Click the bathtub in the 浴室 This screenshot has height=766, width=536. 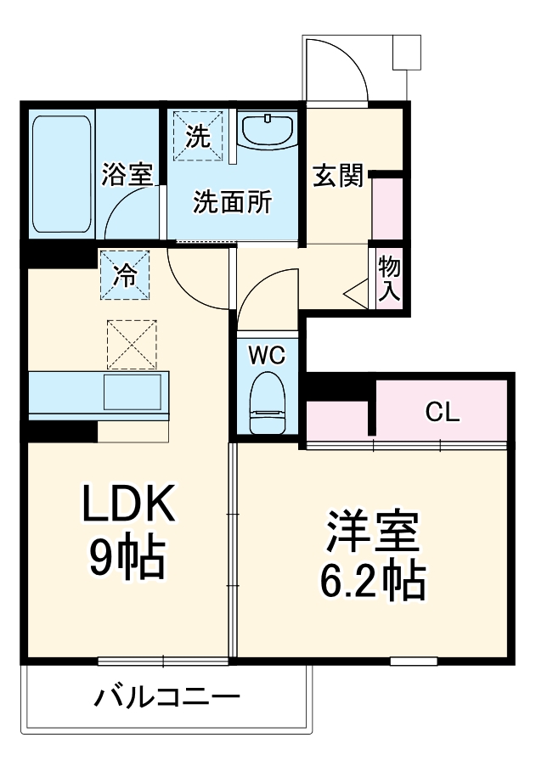pos(61,174)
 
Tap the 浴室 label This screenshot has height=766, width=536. pos(127,176)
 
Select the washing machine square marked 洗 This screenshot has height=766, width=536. pos(198,135)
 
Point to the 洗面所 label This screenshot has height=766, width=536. pos(233,202)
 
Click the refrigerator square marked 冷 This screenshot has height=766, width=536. pos(125,274)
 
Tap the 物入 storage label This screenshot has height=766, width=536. pos(389,279)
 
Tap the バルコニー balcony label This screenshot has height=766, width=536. pos(166,699)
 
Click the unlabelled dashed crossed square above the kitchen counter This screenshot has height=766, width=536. pos(132,344)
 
